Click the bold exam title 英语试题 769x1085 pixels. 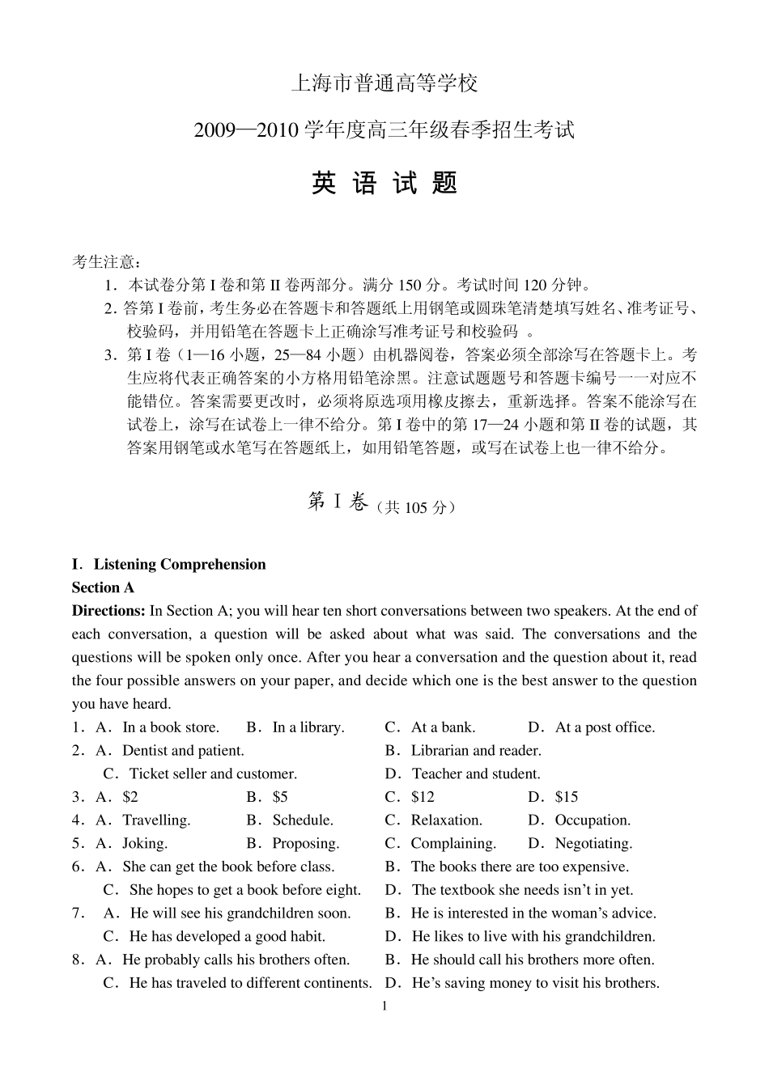pos(384,184)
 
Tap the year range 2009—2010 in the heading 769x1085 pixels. pos(247,129)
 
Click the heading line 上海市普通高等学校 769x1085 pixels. pos(384,83)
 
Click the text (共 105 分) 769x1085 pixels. pos(416,507)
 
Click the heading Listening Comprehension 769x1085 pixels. pos(179,565)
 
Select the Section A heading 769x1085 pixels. pos(103,588)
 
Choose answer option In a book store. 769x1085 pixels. pos(170,727)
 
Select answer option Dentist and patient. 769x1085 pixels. pos(183,751)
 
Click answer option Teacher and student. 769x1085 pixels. pos(475,774)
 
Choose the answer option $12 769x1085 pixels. pos(423,797)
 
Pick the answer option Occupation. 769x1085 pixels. pos(592,820)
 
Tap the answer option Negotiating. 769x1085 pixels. pos(593,844)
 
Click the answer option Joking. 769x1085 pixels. pos(145,844)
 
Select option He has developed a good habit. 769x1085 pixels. pos(227,937)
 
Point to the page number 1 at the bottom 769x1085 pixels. pos(384,1007)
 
